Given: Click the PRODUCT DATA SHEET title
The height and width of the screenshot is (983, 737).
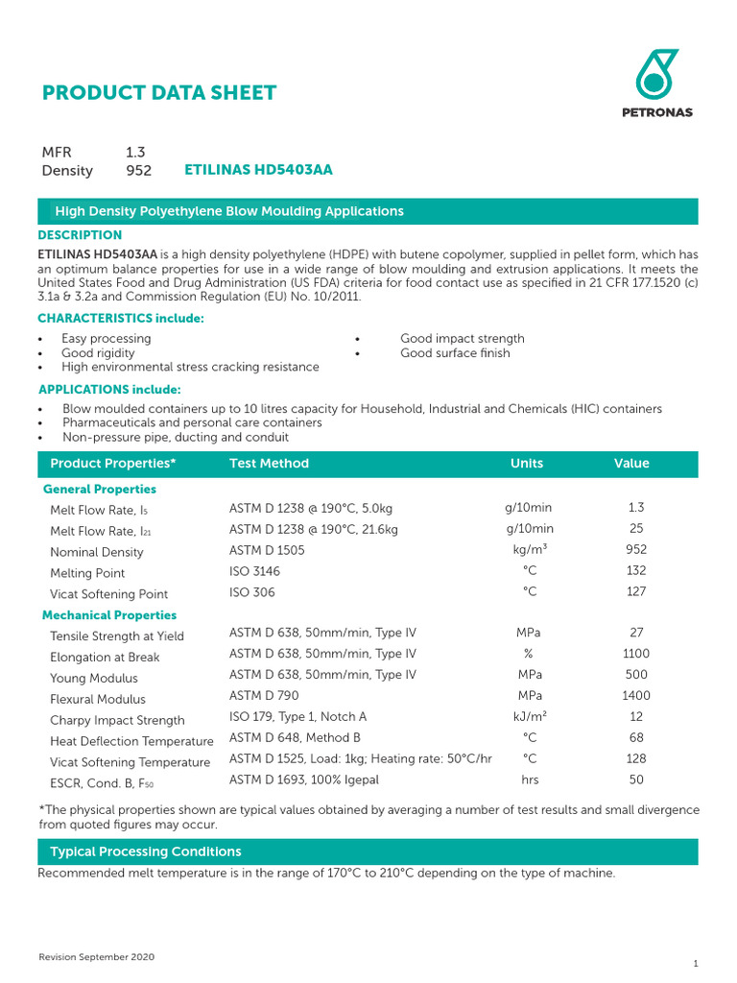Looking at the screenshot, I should pos(159,93).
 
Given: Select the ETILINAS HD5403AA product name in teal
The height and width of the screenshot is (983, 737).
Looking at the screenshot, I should pos(258,170).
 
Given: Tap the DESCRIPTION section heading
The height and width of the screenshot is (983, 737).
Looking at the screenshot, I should pos(80,235).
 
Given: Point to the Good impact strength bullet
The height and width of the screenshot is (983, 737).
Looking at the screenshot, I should pos(462,339).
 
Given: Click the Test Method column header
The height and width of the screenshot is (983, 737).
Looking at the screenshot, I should pos(269,464).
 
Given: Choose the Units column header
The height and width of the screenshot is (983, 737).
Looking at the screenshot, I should pos(527,464).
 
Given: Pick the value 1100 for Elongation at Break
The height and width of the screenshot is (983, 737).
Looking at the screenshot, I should pos(635,654).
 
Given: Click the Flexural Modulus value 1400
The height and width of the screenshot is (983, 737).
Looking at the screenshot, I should pos(635,696).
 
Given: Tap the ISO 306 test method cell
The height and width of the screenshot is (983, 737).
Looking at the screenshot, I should pos(251,593).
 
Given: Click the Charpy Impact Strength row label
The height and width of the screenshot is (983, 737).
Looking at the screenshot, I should pos(117,721).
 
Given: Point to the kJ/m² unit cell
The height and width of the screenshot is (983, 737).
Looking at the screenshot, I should pos(530,717).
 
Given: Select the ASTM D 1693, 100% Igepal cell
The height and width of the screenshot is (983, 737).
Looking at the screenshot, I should pos(304,780).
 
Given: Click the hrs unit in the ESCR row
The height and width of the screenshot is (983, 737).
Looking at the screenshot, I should pos(530,780).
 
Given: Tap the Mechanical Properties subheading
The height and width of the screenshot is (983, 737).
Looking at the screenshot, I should pos(109,615).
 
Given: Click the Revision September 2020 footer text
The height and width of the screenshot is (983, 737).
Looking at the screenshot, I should pos(96,958).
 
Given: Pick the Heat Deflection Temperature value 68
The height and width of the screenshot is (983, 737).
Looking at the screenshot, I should pos(635,738).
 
